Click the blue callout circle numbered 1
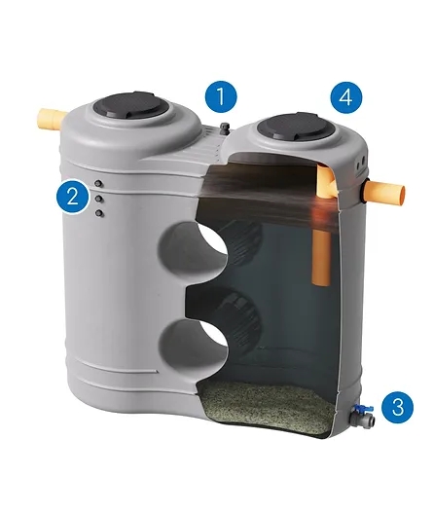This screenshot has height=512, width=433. click(x=221, y=96)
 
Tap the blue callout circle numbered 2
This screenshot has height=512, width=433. click(x=72, y=197)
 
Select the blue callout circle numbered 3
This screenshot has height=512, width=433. click(x=397, y=407)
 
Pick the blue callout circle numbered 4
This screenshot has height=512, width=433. click(x=346, y=97)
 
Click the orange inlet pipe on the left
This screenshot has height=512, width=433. click(x=52, y=119)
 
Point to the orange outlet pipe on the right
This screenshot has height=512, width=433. click(x=385, y=193)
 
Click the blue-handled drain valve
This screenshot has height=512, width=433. click(x=362, y=415)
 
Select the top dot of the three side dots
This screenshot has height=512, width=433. click(x=98, y=184)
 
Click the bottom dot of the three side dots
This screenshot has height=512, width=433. click(x=99, y=213)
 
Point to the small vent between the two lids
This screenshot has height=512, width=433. click(x=225, y=128)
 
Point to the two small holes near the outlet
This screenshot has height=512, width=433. click(x=361, y=163)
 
